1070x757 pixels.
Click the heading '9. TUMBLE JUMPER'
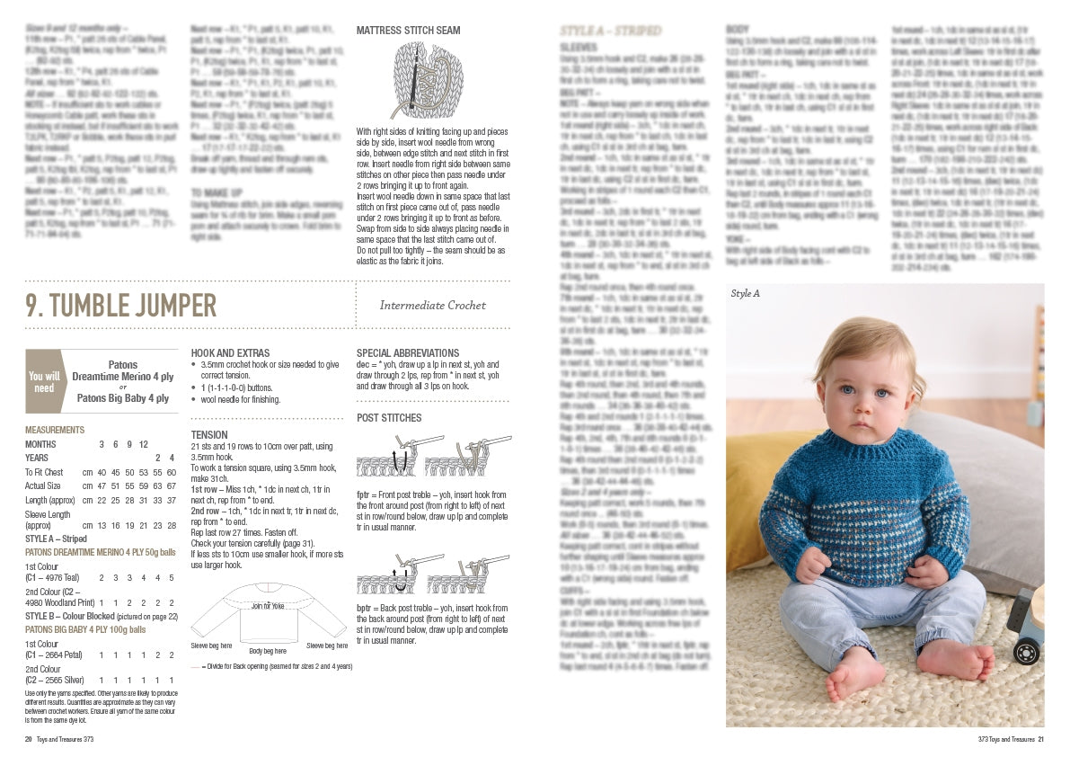point(120,306)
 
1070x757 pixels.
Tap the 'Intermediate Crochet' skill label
point(432,306)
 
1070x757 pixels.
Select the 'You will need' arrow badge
point(44,382)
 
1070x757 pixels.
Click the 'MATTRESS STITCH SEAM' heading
point(408,31)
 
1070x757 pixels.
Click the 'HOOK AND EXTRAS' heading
point(230,353)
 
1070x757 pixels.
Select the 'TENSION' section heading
point(209,434)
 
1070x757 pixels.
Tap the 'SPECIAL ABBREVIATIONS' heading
point(408,353)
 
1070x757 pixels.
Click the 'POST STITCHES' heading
point(389,418)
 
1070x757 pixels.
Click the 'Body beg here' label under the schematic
point(269,650)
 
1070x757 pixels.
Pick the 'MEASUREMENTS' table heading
point(55,430)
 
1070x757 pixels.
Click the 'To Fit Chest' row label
point(44,472)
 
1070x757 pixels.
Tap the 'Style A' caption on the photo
point(746,294)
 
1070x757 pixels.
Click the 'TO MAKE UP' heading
point(217,192)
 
